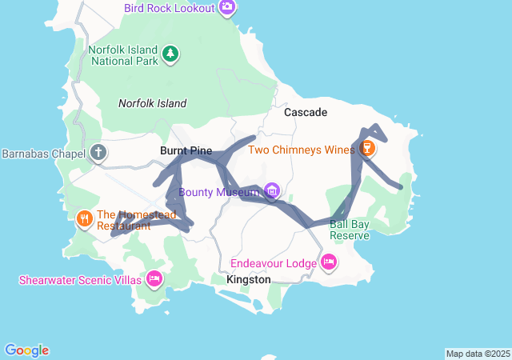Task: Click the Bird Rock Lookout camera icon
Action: click(x=227, y=8)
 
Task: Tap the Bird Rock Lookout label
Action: click(x=169, y=8)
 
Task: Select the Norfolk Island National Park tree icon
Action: click(x=170, y=54)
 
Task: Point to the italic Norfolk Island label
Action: click(x=152, y=103)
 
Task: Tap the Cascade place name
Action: click(x=306, y=113)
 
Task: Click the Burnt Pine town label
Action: click(x=186, y=150)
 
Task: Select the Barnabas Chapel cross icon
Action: click(x=98, y=152)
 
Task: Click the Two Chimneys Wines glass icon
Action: click(x=367, y=149)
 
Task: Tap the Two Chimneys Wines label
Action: click(x=301, y=150)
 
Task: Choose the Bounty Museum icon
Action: click(x=272, y=191)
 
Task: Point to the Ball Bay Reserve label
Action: click(x=350, y=230)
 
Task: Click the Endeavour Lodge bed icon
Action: click(x=328, y=262)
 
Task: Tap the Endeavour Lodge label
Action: click(x=274, y=263)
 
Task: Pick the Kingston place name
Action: click(x=249, y=280)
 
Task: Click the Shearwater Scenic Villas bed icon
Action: click(x=154, y=278)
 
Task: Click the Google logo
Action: click(x=26, y=350)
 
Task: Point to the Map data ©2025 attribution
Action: click(x=478, y=354)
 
